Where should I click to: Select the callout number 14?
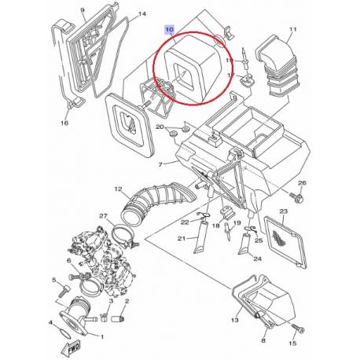pyautogui.click(x=142, y=14)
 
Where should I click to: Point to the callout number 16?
pyautogui.click(x=64, y=123)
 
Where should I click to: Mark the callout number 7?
pyautogui.click(x=160, y=164)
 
